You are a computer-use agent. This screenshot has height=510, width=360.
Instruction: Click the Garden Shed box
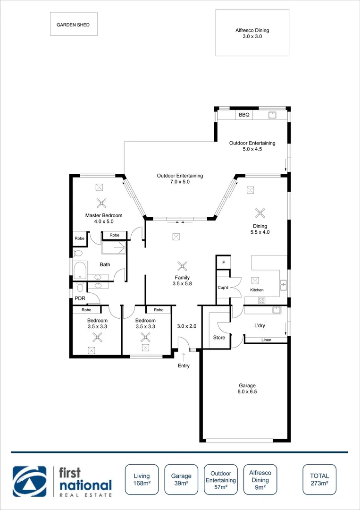(x=74, y=24)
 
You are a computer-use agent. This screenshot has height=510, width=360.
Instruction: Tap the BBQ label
(x=243, y=115)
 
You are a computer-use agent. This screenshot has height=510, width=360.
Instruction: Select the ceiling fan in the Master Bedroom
(x=101, y=203)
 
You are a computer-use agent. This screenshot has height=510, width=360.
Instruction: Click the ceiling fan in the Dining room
(x=259, y=212)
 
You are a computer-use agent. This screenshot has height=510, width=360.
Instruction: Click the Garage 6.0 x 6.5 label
(x=247, y=388)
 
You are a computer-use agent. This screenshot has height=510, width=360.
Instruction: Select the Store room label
(x=219, y=338)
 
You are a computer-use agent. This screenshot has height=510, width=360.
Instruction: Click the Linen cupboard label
(x=266, y=340)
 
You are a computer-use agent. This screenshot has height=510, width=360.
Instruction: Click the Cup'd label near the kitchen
(x=223, y=287)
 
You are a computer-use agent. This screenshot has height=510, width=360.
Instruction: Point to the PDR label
(x=80, y=298)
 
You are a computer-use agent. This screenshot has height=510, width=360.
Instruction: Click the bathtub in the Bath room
(x=80, y=270)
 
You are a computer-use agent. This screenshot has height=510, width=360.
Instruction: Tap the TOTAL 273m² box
(x=319, y=480)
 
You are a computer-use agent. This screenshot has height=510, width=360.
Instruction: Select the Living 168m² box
(x=141, y=480)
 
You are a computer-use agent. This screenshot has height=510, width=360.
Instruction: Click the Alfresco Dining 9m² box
(x=260, y=480)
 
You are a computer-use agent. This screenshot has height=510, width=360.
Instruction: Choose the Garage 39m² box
(x=181, y=480)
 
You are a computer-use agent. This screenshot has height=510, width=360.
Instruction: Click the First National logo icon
(x=30, y=481)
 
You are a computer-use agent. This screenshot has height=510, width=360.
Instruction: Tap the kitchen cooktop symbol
(x=262, y=300)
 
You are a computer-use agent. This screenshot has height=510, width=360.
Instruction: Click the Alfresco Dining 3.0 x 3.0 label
(x=252, y=33)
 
